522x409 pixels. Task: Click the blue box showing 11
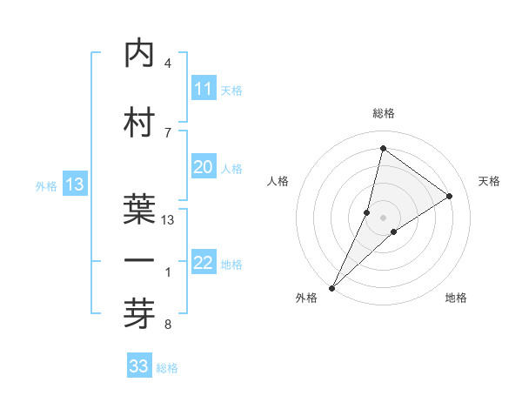(203, 89)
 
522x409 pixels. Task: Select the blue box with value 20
(203, 167)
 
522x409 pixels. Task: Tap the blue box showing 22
(203, 264)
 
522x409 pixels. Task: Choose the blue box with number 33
(139, 366)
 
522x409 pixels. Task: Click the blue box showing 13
(75, 184)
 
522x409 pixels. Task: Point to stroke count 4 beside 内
(168, 64)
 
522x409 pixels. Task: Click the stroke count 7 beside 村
(168, 132)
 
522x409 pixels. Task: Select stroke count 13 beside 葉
(169, 220)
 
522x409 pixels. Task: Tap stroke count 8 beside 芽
(168, 325)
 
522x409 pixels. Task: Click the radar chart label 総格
(383, 113)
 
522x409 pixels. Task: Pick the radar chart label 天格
(489, 181)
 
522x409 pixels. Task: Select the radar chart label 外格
(306, 298)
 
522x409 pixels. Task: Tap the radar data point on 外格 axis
(331, 287)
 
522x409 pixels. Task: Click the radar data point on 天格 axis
(450, 196)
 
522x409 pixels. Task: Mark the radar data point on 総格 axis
(383, 148)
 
